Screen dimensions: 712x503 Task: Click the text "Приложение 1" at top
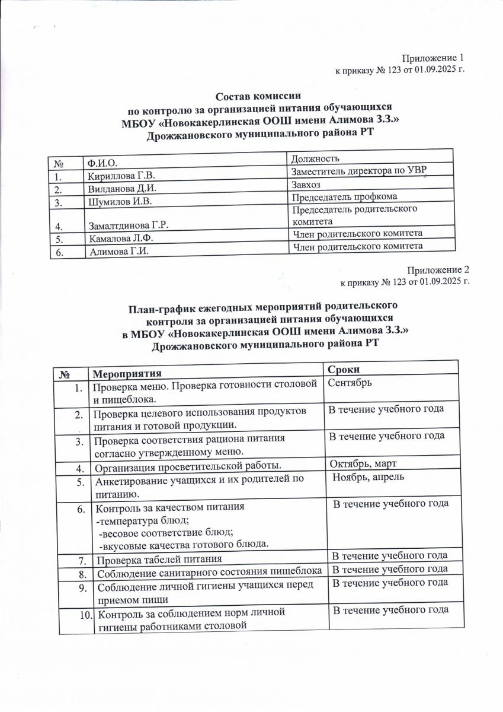432,58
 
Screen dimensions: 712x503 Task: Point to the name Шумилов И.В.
120,202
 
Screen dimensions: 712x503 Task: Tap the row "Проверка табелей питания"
160,559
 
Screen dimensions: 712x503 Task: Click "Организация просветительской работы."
188,468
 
